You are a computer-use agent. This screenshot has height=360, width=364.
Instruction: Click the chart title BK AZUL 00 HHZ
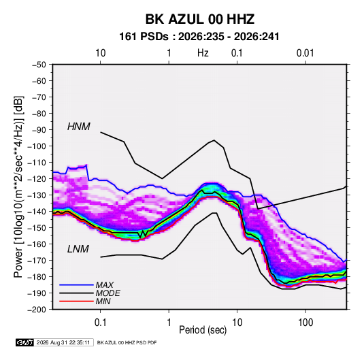[x=200, y=19]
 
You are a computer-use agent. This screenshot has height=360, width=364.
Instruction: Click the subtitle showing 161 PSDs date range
[x=199, y=37]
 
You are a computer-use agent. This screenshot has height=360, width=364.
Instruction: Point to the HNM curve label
[x=79, y=127]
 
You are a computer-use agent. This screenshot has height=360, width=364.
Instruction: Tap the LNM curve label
[x=78, y=249]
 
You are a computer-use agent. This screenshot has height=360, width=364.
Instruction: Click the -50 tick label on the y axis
[x=39, y=65]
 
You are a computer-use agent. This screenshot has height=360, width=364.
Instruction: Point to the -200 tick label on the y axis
[x=37, y=310]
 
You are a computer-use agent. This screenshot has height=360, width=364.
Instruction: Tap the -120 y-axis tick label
[x=37, y=179]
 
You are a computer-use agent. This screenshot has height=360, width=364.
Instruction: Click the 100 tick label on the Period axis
[x=305, y=323]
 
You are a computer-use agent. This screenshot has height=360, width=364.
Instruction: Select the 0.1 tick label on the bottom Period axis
[x=100, y=323]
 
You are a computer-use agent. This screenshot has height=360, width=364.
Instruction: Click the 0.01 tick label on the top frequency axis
[x=305, y=53]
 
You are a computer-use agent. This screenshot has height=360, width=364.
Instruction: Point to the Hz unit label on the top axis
[x=203, y=53]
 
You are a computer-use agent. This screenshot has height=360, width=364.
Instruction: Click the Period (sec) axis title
[x=203, y=330]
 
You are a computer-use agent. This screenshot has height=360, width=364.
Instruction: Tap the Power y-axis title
[x=18, y=186]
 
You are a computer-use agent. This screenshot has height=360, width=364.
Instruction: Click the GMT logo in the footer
[x=25, y=342]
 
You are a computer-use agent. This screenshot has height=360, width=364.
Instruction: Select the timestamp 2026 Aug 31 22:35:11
[x=63, y=342]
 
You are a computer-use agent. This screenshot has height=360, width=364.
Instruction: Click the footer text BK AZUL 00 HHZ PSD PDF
[x=127, y=342]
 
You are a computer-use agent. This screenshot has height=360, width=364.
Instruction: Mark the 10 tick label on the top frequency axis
[x=101, y=53]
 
